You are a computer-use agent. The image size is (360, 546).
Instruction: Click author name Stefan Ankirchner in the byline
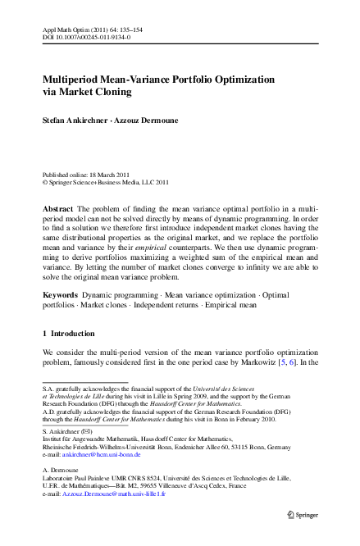(76, 120)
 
